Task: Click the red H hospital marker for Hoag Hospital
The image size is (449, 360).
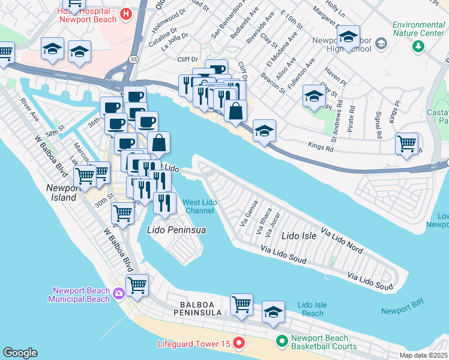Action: pos(126,14)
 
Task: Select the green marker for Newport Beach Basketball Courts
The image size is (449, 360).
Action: pos(282,342)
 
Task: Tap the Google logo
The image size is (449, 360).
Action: pos(19,353)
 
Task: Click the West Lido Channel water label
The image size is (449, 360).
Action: pos(200,206)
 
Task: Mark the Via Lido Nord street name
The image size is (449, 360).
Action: pos(342,239)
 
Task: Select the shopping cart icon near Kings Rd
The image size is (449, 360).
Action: pos(407,144)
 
